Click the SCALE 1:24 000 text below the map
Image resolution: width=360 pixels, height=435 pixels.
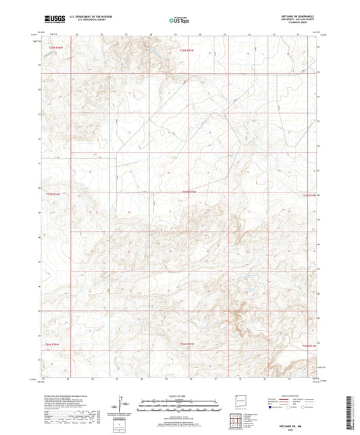[x=180, y=394]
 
